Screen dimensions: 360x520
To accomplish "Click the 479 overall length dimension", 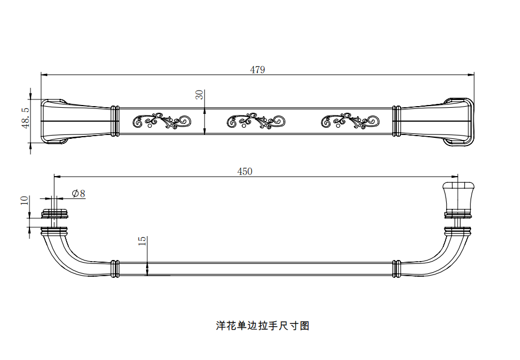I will coord(257,70).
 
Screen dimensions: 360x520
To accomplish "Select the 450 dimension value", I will coord(245,172).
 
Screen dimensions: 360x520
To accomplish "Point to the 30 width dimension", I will coord(200,94).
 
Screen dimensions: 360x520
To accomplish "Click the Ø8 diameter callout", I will coord(78,193).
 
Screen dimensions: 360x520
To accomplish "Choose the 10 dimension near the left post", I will coord(24,200).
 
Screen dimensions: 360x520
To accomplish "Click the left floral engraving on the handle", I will coord(162,121).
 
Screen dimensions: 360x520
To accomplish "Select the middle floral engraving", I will coord(256,121).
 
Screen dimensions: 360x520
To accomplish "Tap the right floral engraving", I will coord(350,121).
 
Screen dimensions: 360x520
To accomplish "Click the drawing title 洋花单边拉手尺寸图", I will coord(262,326).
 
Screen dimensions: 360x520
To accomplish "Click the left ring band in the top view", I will coord(115,121).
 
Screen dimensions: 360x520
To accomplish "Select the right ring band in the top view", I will coord(397,121).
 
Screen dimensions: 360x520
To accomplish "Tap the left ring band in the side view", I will coord(115,269).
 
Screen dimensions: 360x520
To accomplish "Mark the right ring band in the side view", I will coord(397,269).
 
